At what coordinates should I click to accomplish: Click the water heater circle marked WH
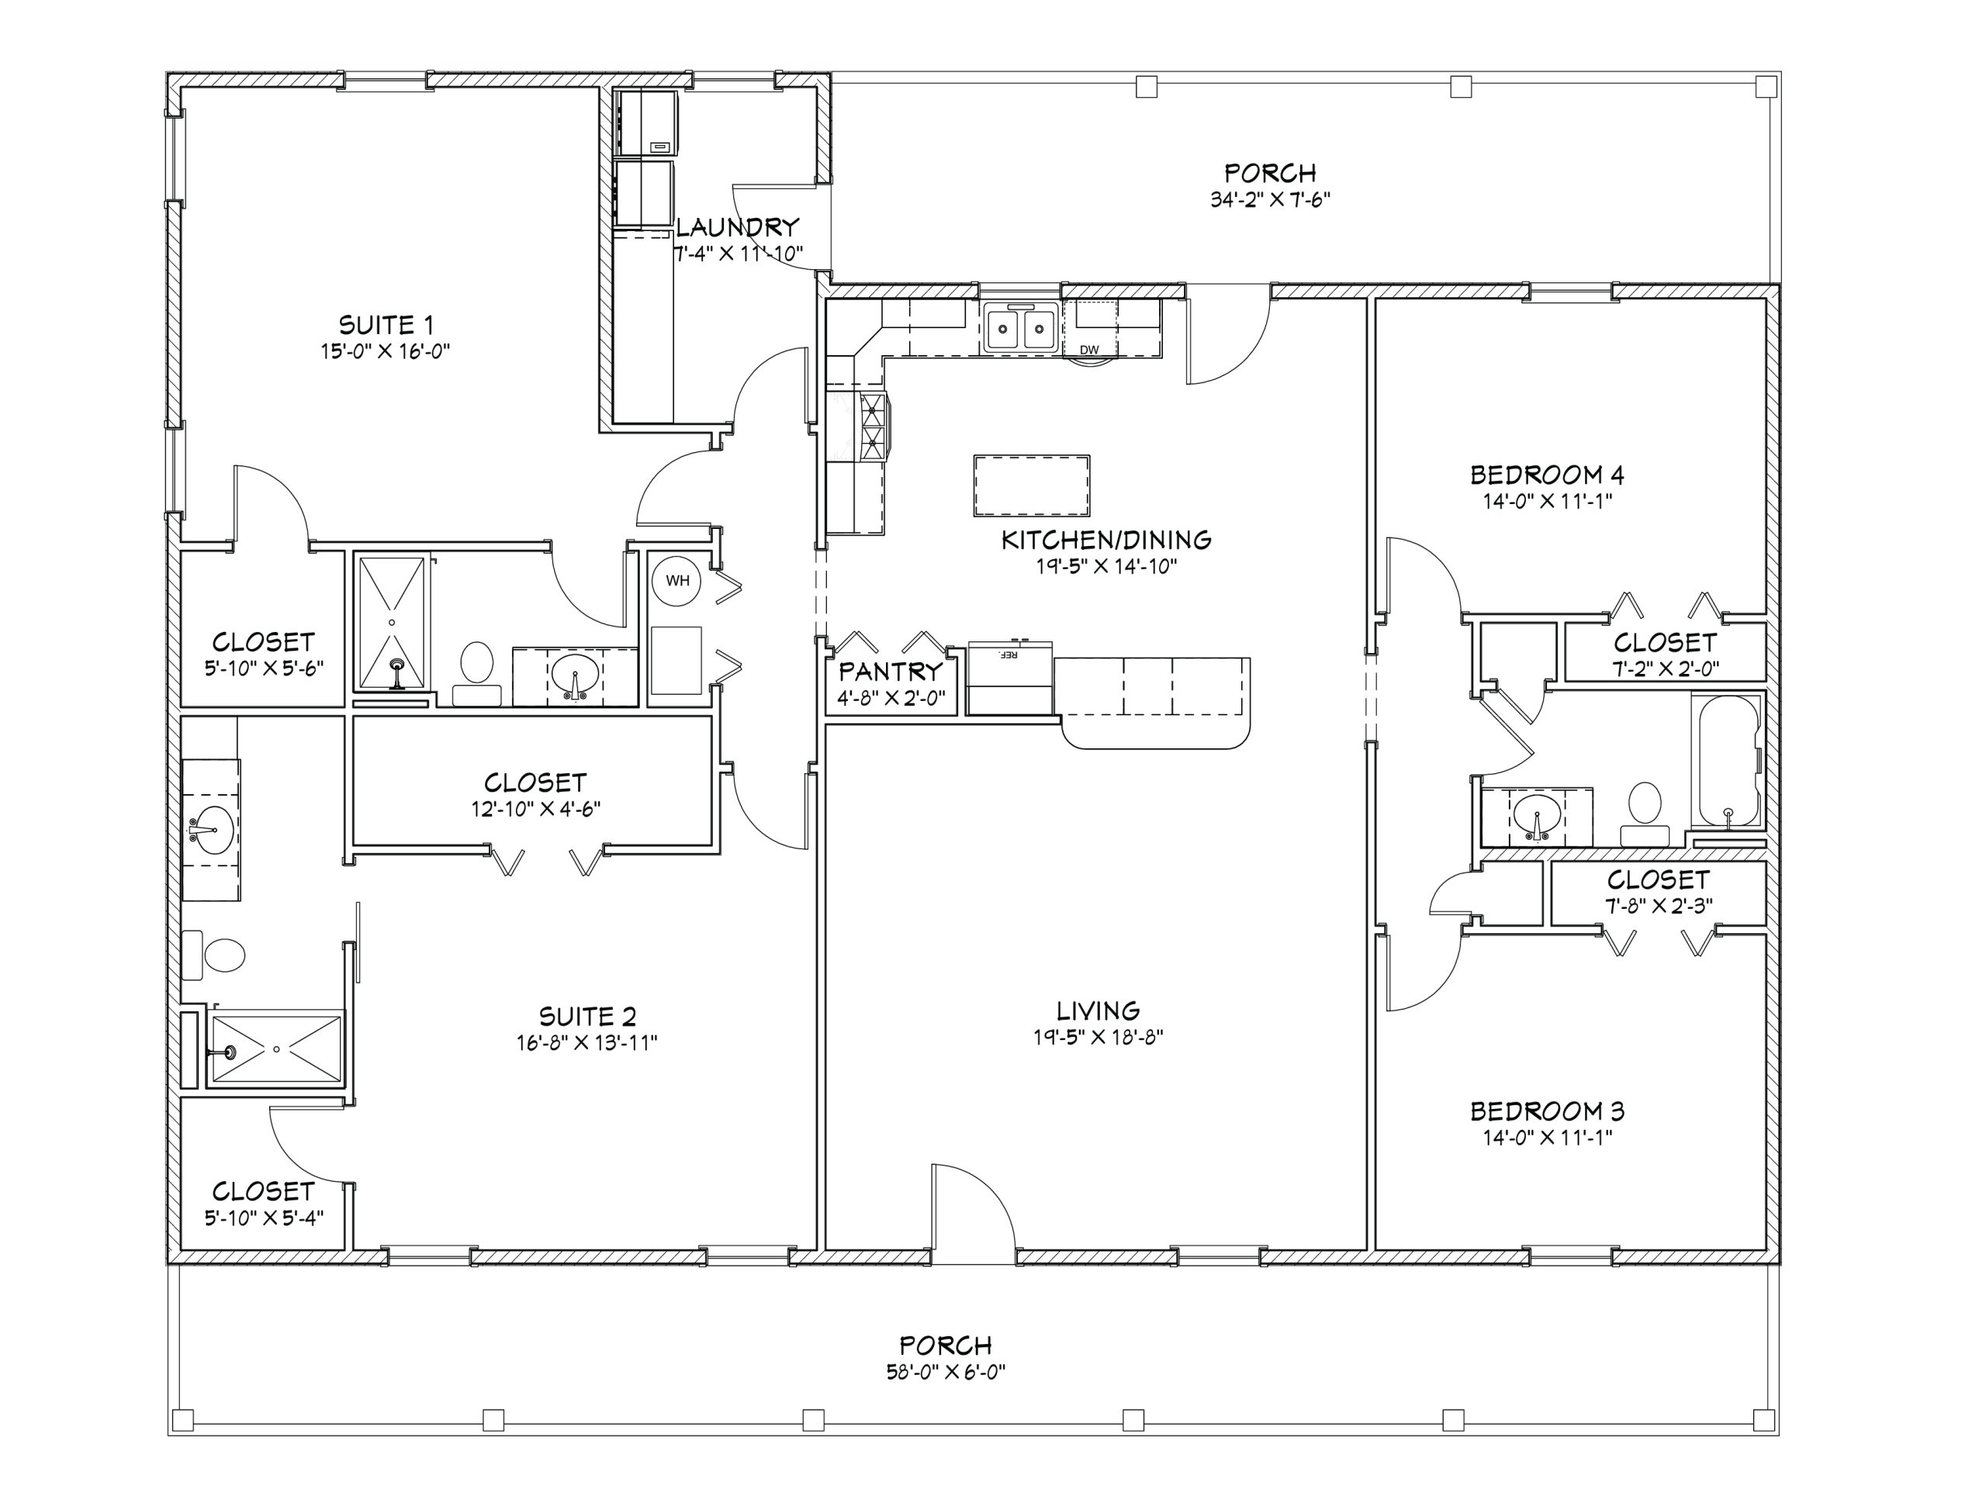pos(677,580)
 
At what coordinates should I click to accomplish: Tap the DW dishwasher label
pos(1089,350)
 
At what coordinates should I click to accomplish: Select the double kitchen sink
pos(1021,327)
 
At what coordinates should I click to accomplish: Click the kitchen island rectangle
pos(1032,485)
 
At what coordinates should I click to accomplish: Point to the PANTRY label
pos(891,671)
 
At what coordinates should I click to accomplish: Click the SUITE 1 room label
pos(386,324)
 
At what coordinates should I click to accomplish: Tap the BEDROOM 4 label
pos(1547,474)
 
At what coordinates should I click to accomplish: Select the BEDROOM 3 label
pos(1547,1111)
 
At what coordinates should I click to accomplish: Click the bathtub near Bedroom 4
pos(1725,760)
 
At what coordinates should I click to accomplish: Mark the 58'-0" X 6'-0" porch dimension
pos(946,1373)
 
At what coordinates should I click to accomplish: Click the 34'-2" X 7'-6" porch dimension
pos(1269,199)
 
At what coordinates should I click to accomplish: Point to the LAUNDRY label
pos(737,227)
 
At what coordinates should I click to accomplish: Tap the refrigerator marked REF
pos(1010,678)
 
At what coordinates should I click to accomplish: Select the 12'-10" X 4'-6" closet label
pos(536,809)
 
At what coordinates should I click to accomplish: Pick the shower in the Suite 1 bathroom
pos(393,623)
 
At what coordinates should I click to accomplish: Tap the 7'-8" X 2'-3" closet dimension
pos(1659,906)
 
